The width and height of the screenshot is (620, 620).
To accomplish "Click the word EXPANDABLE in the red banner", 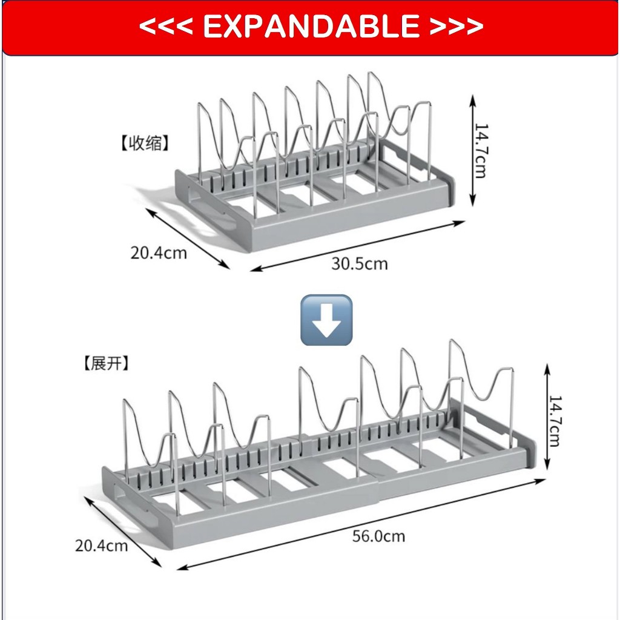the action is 311,26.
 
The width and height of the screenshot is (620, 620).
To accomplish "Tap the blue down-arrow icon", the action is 326,320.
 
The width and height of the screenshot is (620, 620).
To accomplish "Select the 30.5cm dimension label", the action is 360,264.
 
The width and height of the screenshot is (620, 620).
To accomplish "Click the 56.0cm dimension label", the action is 379,536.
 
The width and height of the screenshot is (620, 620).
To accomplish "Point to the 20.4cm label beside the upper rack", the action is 159,253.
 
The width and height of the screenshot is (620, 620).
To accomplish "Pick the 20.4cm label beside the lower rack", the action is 101,546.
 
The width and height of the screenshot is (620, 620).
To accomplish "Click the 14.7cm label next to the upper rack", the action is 481,151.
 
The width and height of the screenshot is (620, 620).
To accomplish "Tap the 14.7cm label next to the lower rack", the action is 555,421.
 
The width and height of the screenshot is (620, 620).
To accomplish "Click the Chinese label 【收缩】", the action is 145,143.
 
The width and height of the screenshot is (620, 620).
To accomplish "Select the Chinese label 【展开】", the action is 107,363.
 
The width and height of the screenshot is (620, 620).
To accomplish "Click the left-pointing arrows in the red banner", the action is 166,27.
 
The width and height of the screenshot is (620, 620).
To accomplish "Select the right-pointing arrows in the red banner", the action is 457,27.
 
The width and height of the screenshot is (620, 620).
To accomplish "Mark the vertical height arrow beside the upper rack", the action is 472,151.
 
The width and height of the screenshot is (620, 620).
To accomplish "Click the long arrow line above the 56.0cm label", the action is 361,524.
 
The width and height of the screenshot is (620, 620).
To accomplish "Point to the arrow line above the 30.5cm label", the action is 357,246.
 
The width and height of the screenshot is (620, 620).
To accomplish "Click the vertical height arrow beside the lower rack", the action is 547,417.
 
